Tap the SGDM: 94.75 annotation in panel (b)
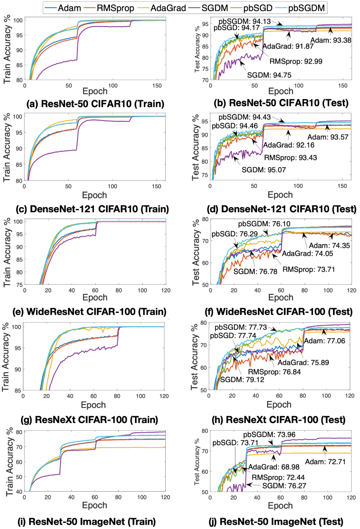tap(269, 75)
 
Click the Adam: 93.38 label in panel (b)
tap(331, 40)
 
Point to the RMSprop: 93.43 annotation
tap(290, 158)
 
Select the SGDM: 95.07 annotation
tap(264, 170)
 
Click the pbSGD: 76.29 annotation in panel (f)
tap(234, 234)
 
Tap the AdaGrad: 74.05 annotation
tap(307, 254)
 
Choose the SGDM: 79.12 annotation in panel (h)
tap(242, 379)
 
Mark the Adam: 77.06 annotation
tap(324, 341)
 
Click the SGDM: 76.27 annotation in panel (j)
tap(284, 486)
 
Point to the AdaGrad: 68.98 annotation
tap(274, 467)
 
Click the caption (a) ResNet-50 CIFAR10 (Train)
tap(95, 104)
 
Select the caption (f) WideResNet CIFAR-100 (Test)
tap(279, 311)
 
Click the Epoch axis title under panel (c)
tap(94, 195)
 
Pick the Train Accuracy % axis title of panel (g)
tap(6, 357)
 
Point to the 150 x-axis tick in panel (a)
tap(157, 86)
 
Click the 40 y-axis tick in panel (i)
tap(19, 491)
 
